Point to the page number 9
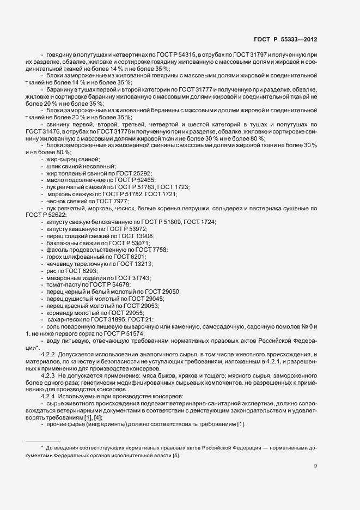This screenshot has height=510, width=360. (316, 466)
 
